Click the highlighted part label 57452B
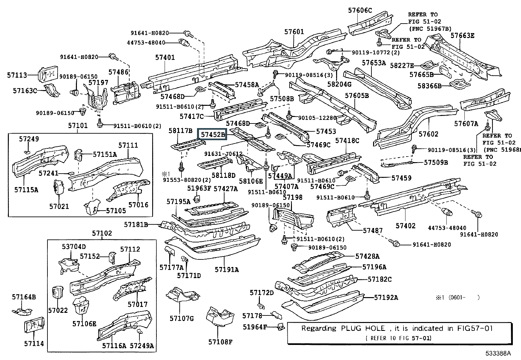pos(213,134)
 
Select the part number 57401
pos(165,58)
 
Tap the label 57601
pos(294,32)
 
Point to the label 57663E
pos(462,36)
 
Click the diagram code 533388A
pos(498,353)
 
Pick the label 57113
pos(17,75)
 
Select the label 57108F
pos(220,342)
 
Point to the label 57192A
pos(386,297)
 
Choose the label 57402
pos(405,226)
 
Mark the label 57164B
pos(24,297)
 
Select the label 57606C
pos(360,10)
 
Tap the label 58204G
pos(339,84)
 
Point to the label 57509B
pos(436,162)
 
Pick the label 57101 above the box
pos(78,125)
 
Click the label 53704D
pos(74,247)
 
